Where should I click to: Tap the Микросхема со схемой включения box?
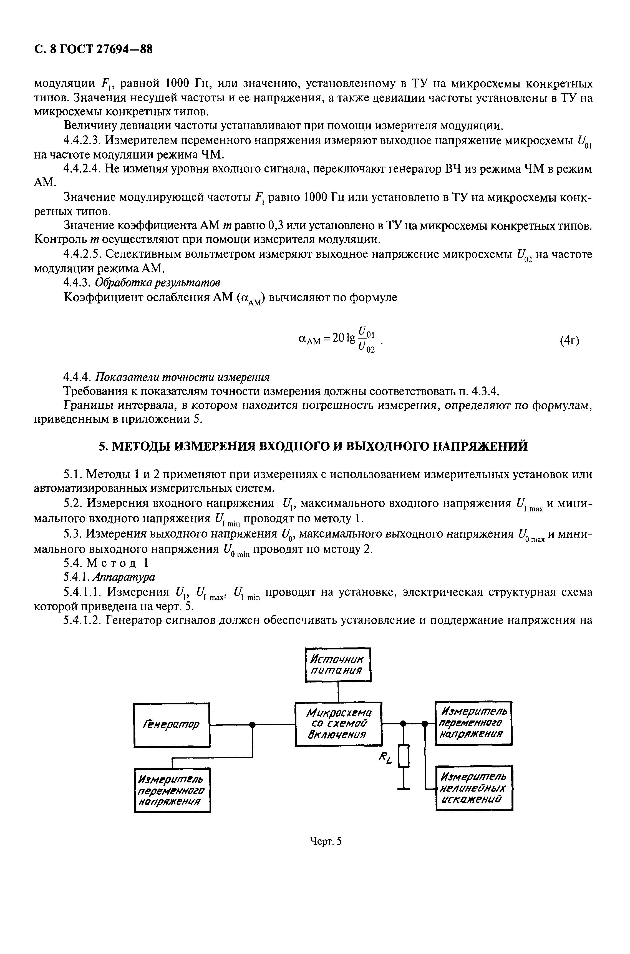click(338, 724)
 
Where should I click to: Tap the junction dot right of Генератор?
click(252, 724)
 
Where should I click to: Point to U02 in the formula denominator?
click(366, 348)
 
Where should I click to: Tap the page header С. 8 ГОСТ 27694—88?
click(93, 49)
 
